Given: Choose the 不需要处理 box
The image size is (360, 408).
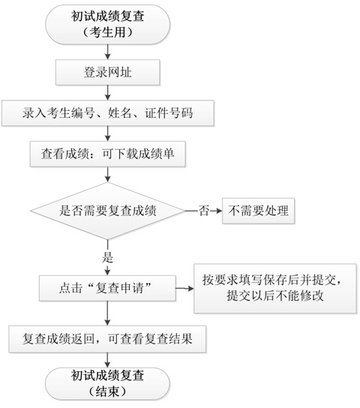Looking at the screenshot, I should pos(257,212).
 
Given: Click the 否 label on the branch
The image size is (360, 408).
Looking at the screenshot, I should pos(202,212).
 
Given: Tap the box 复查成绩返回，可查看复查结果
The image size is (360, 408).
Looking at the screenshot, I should pos(109,337).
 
